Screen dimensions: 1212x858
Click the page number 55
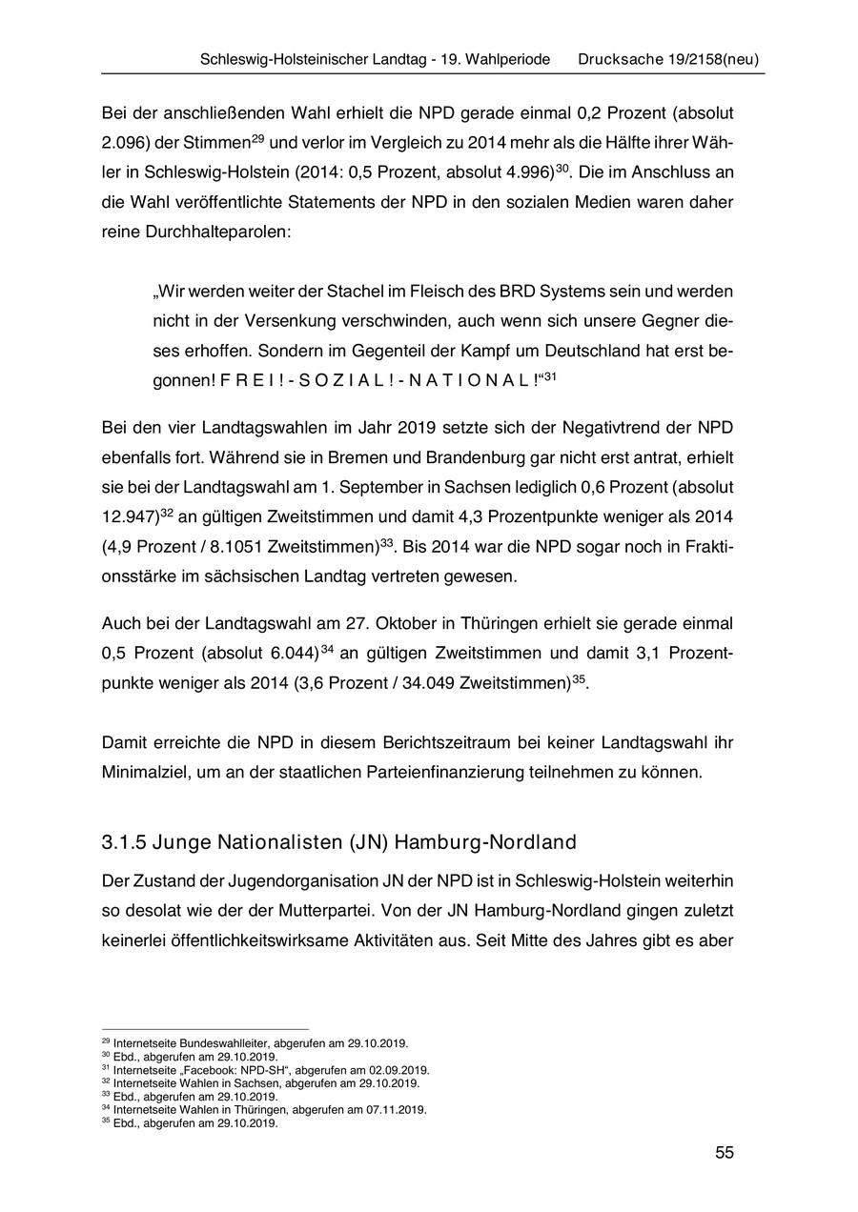pos(725,1153)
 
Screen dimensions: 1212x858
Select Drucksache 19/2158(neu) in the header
pos(668,59)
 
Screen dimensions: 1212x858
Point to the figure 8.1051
pos(234,548)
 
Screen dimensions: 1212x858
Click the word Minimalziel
pos(146,773)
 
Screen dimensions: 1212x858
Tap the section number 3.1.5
pos(122,844)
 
